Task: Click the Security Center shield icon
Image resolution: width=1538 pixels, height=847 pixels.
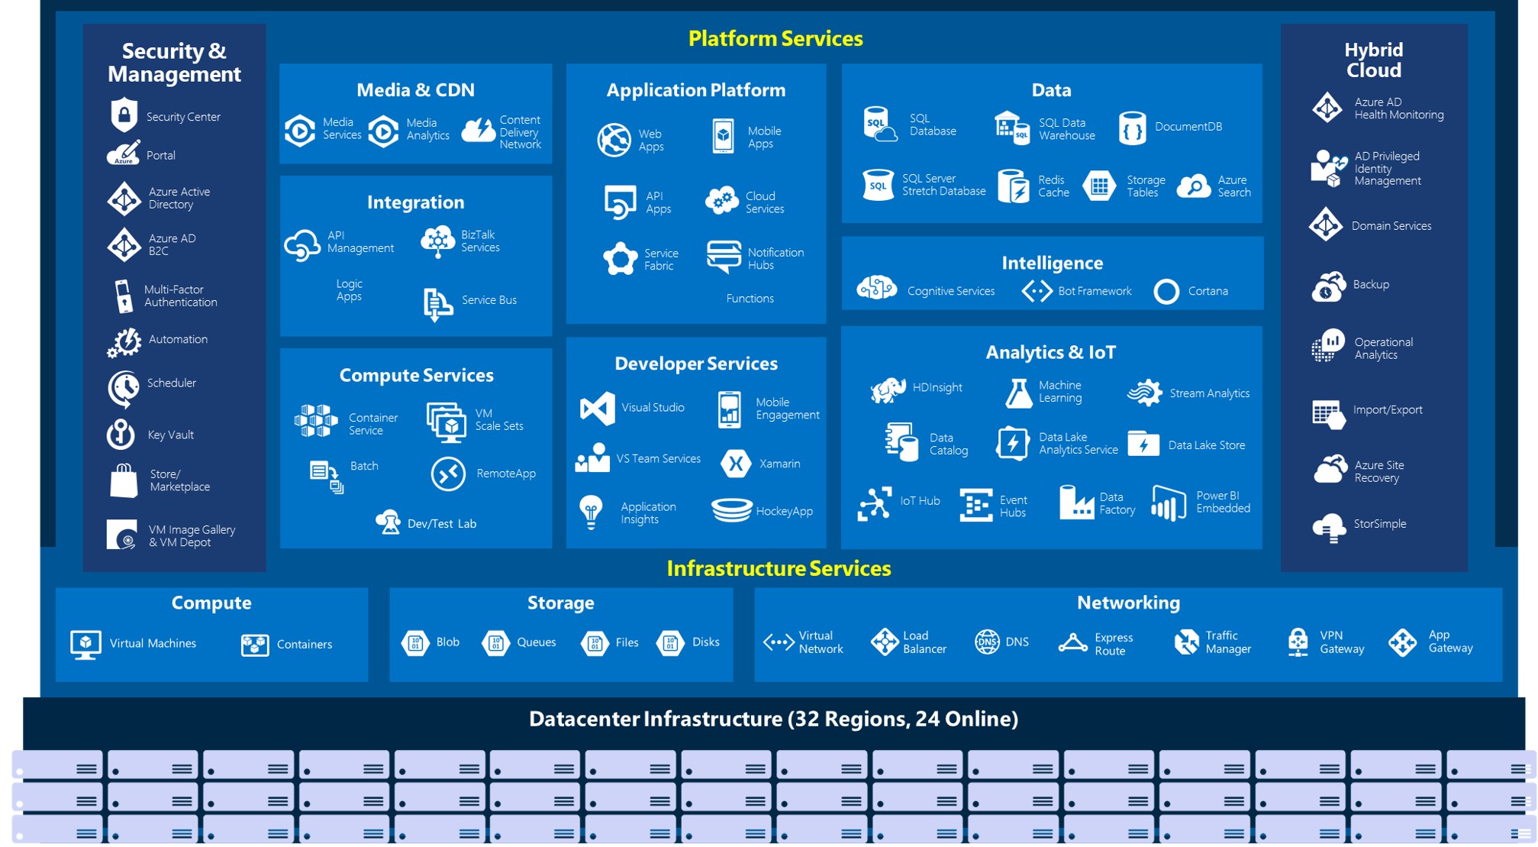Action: [x=124, y=115]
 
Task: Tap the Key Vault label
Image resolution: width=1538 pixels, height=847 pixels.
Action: [x=170, y=435]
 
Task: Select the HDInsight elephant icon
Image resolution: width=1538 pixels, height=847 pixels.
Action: [x=887, y=389]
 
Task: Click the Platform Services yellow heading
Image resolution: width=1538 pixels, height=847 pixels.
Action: [x=775, y=38]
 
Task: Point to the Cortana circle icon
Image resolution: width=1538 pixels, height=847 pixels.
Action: [x=1166, y=291]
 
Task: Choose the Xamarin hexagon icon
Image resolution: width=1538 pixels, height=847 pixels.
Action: [x=736, y=464]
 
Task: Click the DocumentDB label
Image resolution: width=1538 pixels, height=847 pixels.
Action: [x=1188, y=127]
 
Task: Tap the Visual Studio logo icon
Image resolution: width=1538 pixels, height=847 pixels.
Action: [x=597, y=408]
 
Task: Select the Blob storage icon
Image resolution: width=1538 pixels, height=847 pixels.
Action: [x=415, y=642]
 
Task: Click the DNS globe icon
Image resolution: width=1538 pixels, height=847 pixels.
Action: [x=987, y=642]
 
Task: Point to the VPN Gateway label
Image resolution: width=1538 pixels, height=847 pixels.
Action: [x=1341, y=642]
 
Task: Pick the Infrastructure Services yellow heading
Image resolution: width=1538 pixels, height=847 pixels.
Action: [x=778, y=568]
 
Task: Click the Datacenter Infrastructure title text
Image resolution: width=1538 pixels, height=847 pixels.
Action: [x=772, y=719]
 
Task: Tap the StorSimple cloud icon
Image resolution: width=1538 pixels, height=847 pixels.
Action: [x=1329, y=526]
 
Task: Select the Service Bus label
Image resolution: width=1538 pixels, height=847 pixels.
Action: [x=488, y=300]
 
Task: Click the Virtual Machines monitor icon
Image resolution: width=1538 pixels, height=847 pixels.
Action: [x=85, y=644]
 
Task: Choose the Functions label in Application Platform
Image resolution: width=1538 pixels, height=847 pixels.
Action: [x=750, y=299]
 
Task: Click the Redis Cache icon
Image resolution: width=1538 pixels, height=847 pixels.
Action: [x=1013, y=186]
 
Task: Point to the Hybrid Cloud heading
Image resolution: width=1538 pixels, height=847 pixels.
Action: [x=1373, y=60]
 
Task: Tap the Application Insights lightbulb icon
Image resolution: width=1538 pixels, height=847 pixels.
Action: [x=591, y=512]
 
